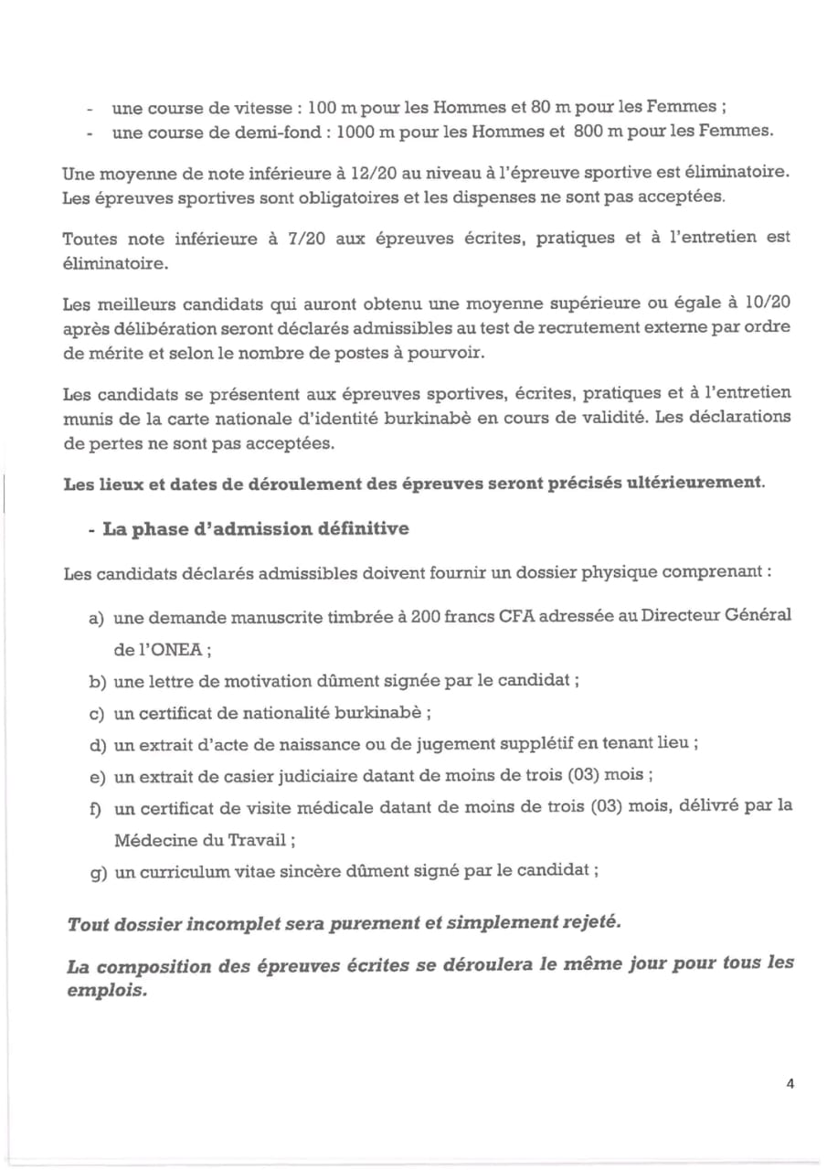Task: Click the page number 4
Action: [790, 1084]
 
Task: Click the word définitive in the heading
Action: [362, 528]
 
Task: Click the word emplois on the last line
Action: [106, 988]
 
